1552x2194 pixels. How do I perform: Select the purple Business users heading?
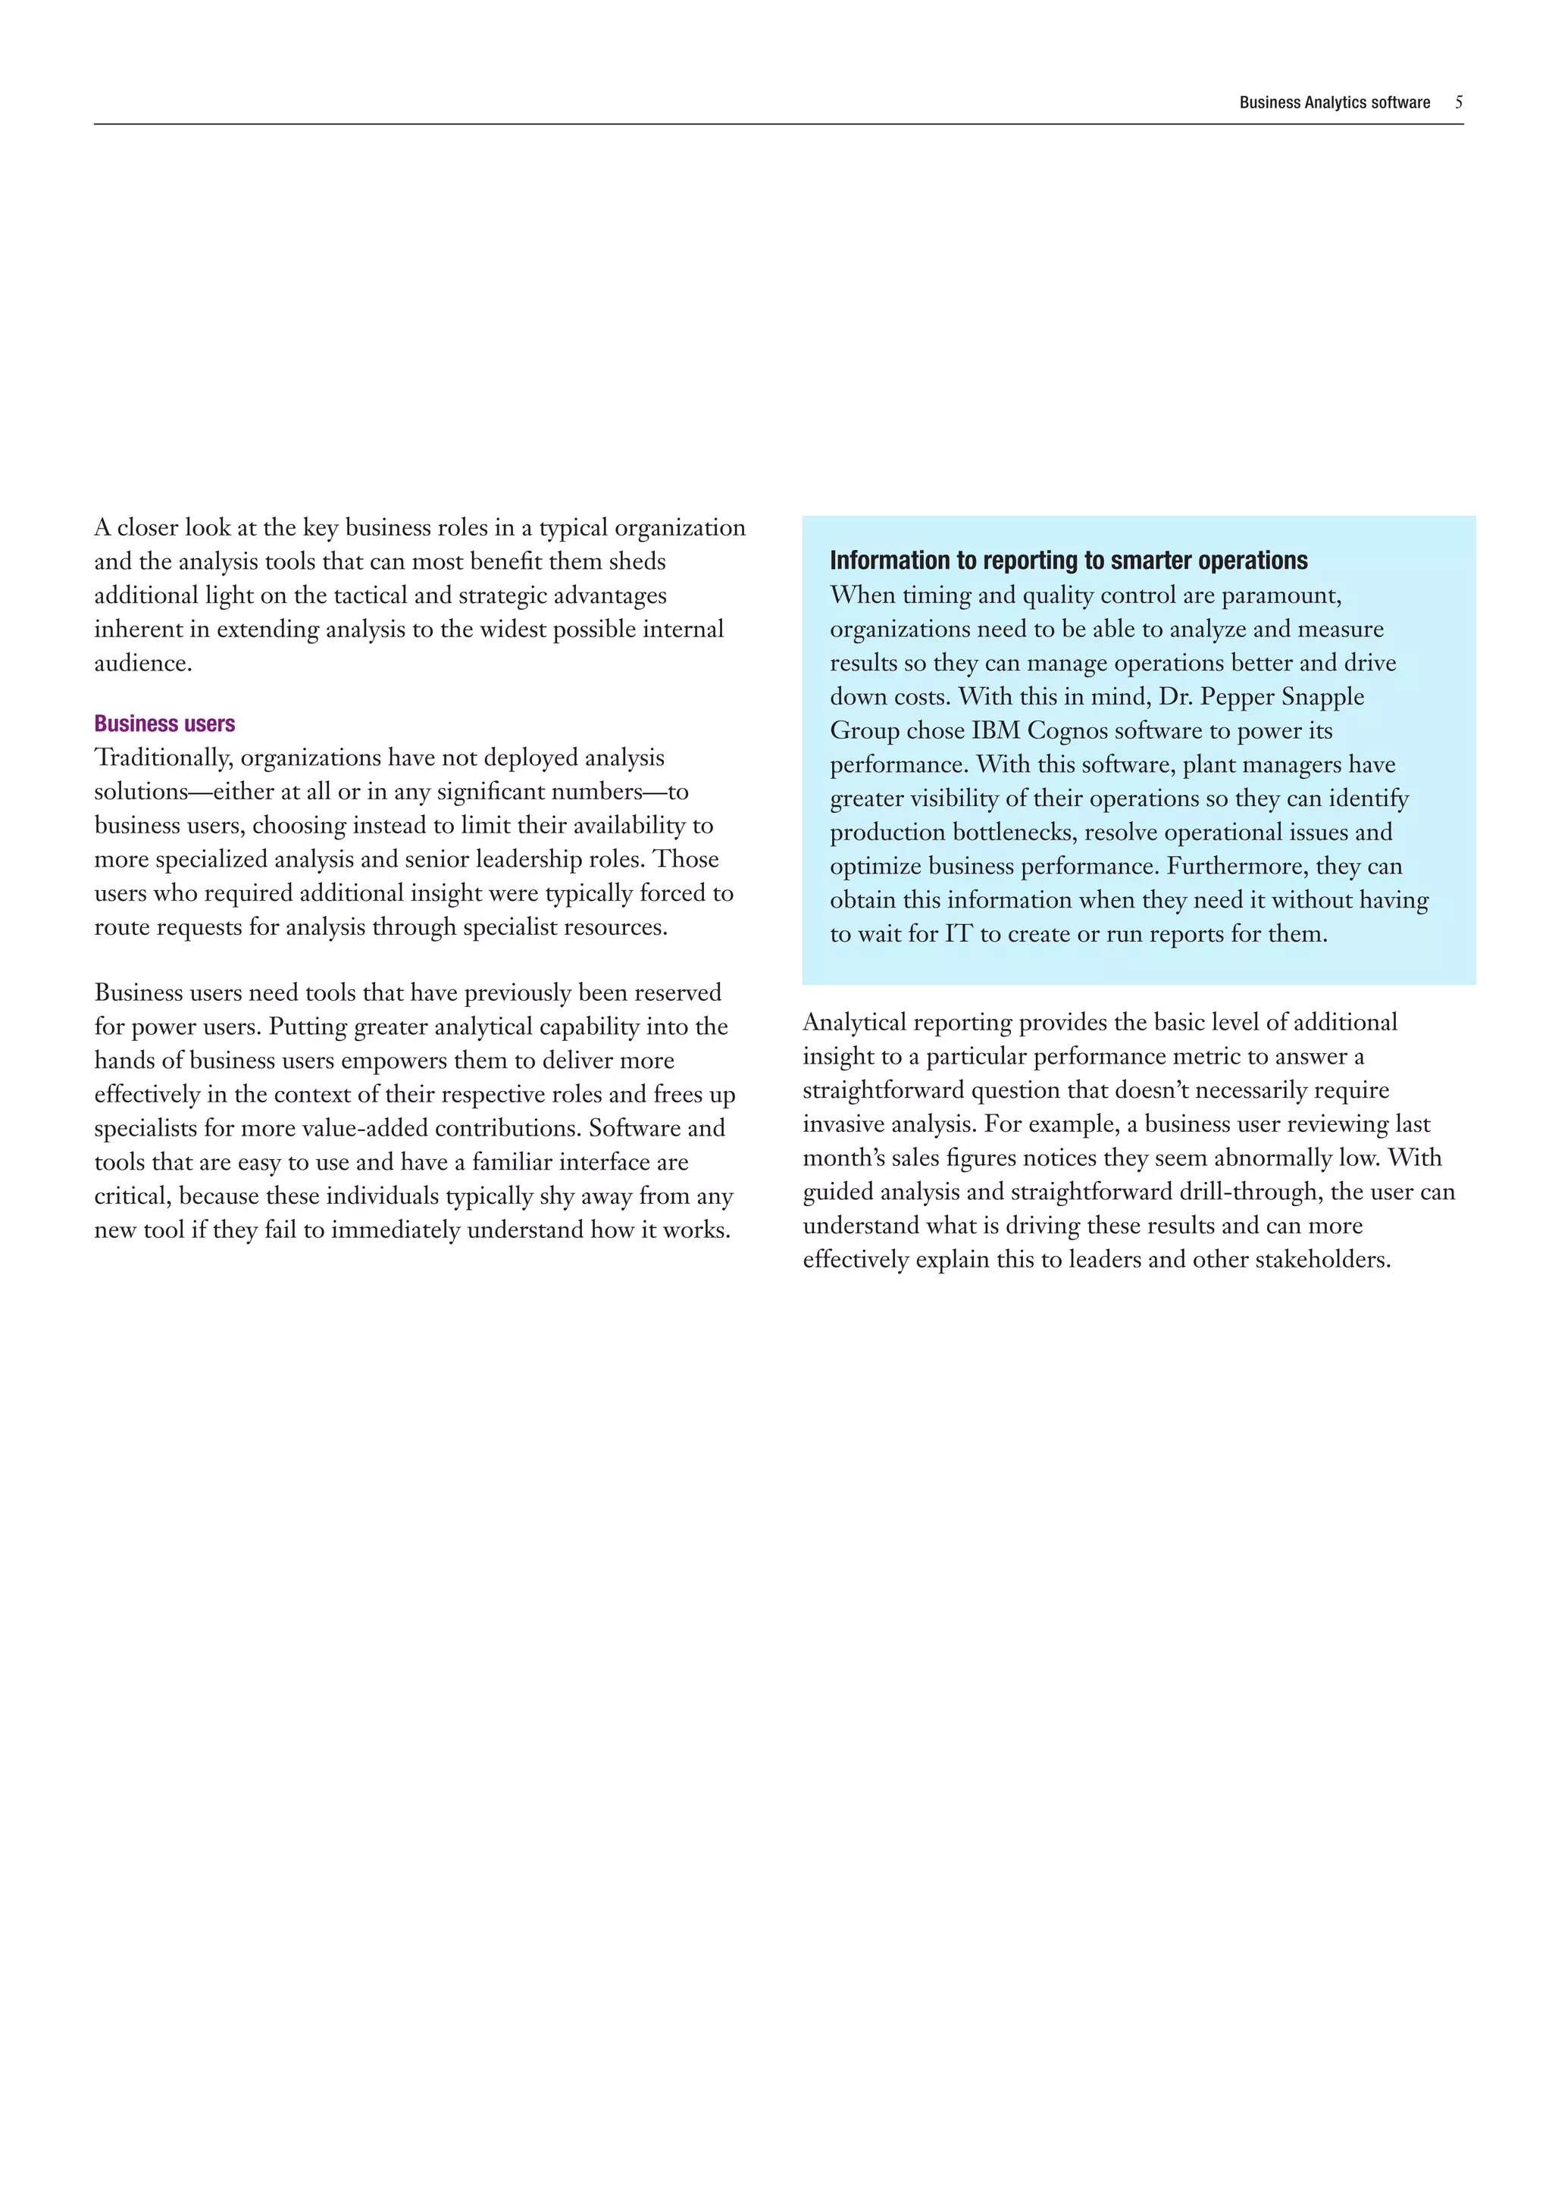(x=164, y=724)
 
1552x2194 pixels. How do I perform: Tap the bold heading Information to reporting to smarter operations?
(x=1069, y=560)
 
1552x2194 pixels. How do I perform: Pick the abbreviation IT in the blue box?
(x=959, y=933)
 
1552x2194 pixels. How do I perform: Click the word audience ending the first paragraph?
(x=142, y=663)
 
